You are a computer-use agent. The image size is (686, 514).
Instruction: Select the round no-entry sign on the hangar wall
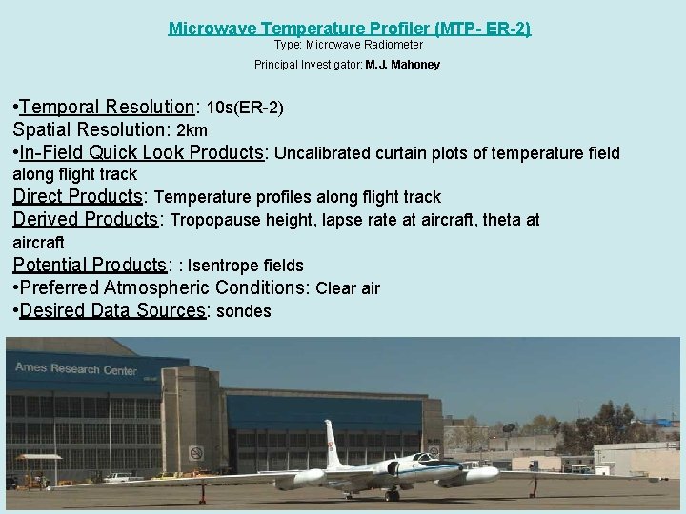tap(196, 452)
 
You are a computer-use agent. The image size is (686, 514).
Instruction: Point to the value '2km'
tap(192, 129)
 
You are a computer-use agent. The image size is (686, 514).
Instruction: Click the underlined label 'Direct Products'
tap(77, 196)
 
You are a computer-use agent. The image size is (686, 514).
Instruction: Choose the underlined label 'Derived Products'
tap(85, 219)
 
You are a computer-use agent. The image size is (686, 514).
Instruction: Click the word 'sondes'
tap(244, 311)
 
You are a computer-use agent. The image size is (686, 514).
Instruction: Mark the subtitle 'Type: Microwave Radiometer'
tap(349, 45)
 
